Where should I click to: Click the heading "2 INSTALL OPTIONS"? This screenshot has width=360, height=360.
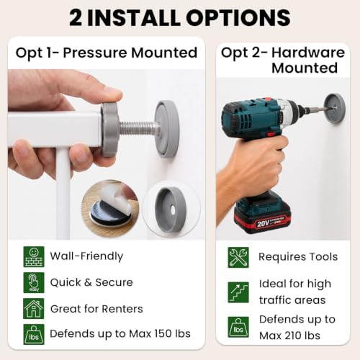click(x=180, y=18)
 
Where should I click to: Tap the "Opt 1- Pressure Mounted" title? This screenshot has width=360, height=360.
click(x=107, y=53)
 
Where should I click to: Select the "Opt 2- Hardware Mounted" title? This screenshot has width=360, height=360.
click(x=283, y=60)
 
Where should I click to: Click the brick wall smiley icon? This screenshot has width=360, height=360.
click(x=34, y=257)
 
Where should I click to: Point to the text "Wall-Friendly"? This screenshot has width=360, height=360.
click(x=86, y=256)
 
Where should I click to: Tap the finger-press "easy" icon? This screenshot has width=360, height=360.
click(x=34, y=283)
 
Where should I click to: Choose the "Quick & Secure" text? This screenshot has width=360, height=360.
click(x=91, y=282)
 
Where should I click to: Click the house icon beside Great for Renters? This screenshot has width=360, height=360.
click(x=34, y=309)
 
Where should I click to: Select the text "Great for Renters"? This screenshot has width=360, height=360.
click(x=96, y=309)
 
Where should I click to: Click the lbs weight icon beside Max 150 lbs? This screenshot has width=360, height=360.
click(x=34, y=335)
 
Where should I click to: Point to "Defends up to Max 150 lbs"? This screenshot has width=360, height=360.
click(x=120, y=333)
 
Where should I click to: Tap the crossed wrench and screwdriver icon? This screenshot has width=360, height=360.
click(x=238, y=258)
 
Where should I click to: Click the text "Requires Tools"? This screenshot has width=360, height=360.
click(x=298, y=257)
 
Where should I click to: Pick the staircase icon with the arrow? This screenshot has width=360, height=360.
click(x=238, y=292)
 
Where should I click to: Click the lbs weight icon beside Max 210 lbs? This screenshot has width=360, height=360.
click(x=238, y=327)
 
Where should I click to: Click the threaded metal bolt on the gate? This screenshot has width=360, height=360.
click(x=138, y=128)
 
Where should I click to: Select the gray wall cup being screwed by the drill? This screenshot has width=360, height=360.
click(x=335, y=108)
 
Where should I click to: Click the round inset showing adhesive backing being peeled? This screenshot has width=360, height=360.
click(x=110, y=209)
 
